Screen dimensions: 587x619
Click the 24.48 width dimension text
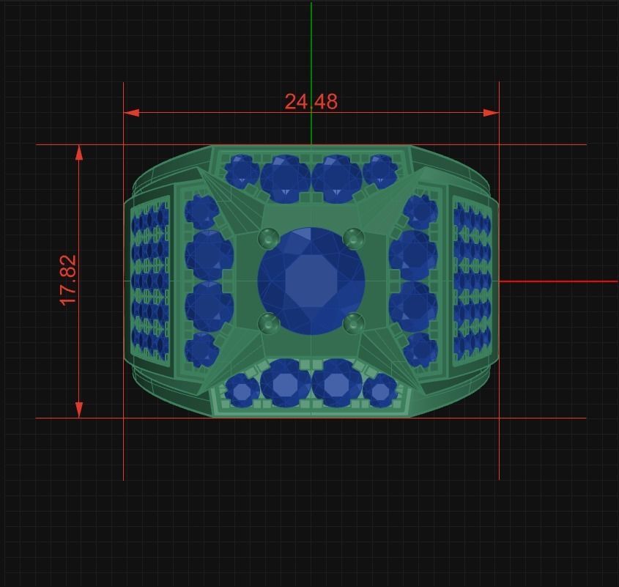(311, 101)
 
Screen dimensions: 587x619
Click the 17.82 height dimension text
(68, 281)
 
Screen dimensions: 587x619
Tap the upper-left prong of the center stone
(269, 237)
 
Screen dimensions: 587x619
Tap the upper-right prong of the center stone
(353, 237)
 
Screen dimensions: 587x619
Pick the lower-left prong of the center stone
(269, 322)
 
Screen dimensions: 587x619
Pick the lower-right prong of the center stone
(353, 322)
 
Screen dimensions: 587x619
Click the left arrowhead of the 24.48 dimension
(131, 113)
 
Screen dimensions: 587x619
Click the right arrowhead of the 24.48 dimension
(492, 113)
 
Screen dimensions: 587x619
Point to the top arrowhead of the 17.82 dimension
(79, 152)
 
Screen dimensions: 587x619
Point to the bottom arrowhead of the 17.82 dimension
(79, 410)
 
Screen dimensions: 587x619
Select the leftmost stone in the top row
(240, 171)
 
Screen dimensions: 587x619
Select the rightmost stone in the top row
(380, 171)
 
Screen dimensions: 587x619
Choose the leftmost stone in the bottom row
(242, 390)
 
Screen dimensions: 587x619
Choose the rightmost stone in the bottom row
(380, 390)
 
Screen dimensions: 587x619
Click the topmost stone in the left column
(201, 212)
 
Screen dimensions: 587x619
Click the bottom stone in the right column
(420, 349)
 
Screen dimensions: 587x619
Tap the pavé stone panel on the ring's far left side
(149, 281)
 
